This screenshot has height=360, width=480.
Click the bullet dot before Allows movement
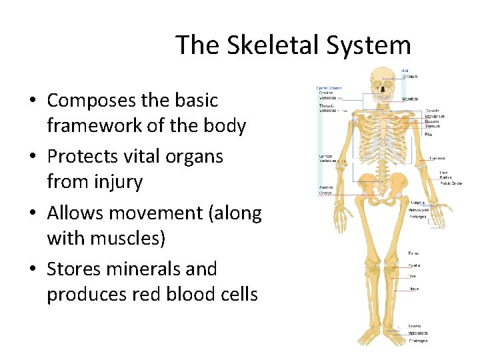pyautogui.click(x=33, y=213)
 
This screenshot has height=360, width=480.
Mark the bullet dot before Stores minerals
pyautogui.click(x=33, y=269)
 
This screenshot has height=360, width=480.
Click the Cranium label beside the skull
pyautogui.click(x=411, y=77)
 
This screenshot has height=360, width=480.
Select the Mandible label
pyautogui.click(x=411, y=98)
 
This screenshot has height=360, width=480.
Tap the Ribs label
pyautogui.click(x=428, y=134)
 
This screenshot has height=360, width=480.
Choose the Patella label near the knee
pyautogui.click(x=414, y=265)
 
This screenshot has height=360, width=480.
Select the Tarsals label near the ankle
pyautogui.click(x=415, y=326)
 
